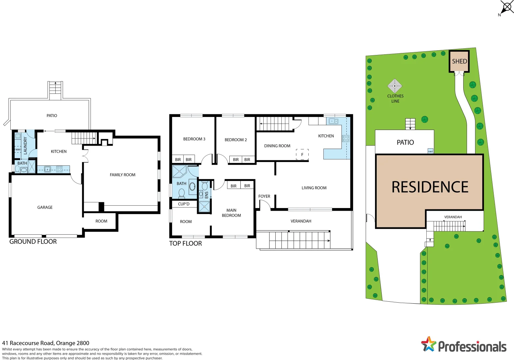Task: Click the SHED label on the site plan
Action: pyautogui.click(x=459, y=61)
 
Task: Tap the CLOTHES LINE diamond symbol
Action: pyautogui.click(x=395, y=86)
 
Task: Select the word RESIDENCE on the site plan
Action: pyautogui.click(x=430, y=187)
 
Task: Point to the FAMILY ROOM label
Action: pyautogui.click(x=122, y=175)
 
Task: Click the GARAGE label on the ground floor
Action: pyautogui.click(x=45, y=207)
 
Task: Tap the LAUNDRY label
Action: pyautogui.click(x=25, y=146)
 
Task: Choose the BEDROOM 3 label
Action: pyautogui.click(x=194, y=139)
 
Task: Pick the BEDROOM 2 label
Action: pyautogui.click(x=236, y=140)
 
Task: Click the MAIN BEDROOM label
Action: pyautogui.click(x=231, y=213)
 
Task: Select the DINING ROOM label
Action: pyautogui.click(x=277, y=146)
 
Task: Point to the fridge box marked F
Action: pyautogui.click(x=302, y=154)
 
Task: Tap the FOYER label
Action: pyautogui.click(x=264, y=196)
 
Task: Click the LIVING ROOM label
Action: pyautogui.click(x=314, y=188)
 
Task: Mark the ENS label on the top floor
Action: pyautogui.click(x=206, y=195)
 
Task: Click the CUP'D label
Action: pyautogui.click(x=184, y=204)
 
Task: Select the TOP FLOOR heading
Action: pyautogui.click(x=185, y=243)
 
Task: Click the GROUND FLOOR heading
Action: pyautogui.click(x=33, y=242)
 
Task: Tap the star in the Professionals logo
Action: pyautogui.click(x=428, y=344)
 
